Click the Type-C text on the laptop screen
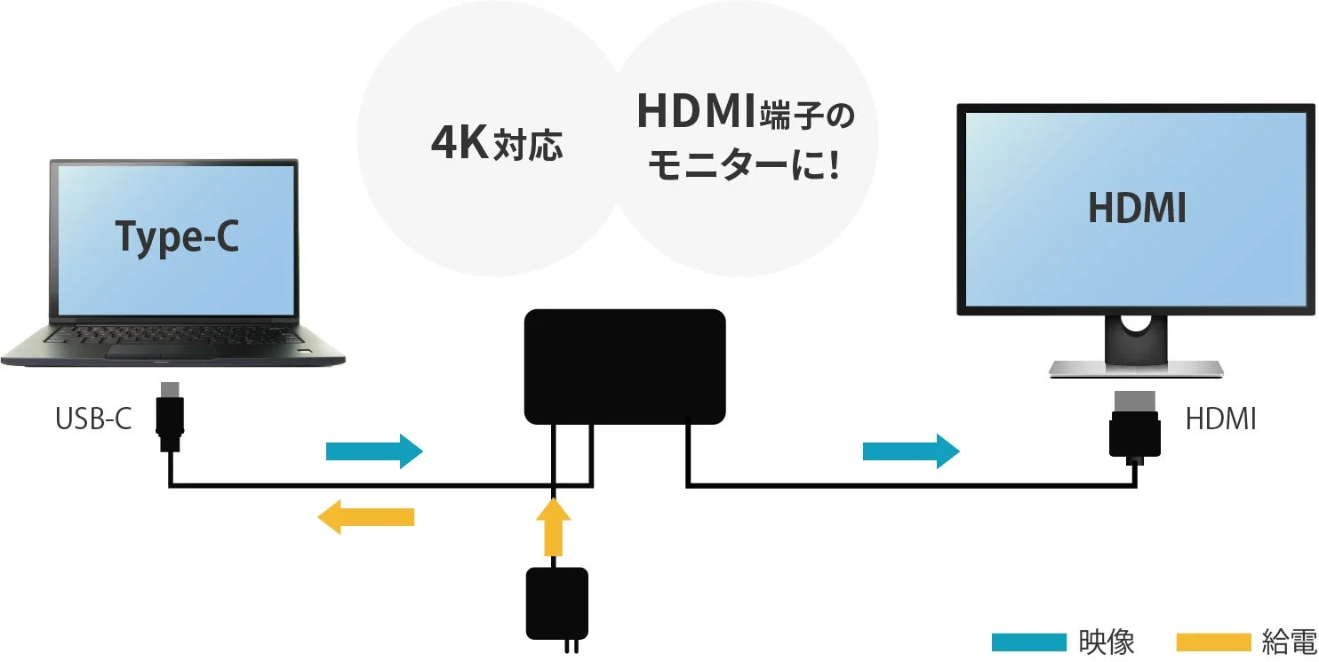tap(177, 236)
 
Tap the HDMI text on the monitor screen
tap(1137, 209)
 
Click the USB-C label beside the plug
tap(93, 419)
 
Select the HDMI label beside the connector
tap(1220, 419)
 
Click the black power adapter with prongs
tap(557, 603)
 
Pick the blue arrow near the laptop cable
tap(374, 451)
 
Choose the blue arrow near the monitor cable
tap(911, 451)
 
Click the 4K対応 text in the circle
tap(496, 144)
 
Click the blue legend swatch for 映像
tap(1028, 642)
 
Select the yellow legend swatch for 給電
tap(1213, 642)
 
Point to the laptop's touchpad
tap(162, 351)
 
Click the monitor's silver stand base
tap(1135, 369)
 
